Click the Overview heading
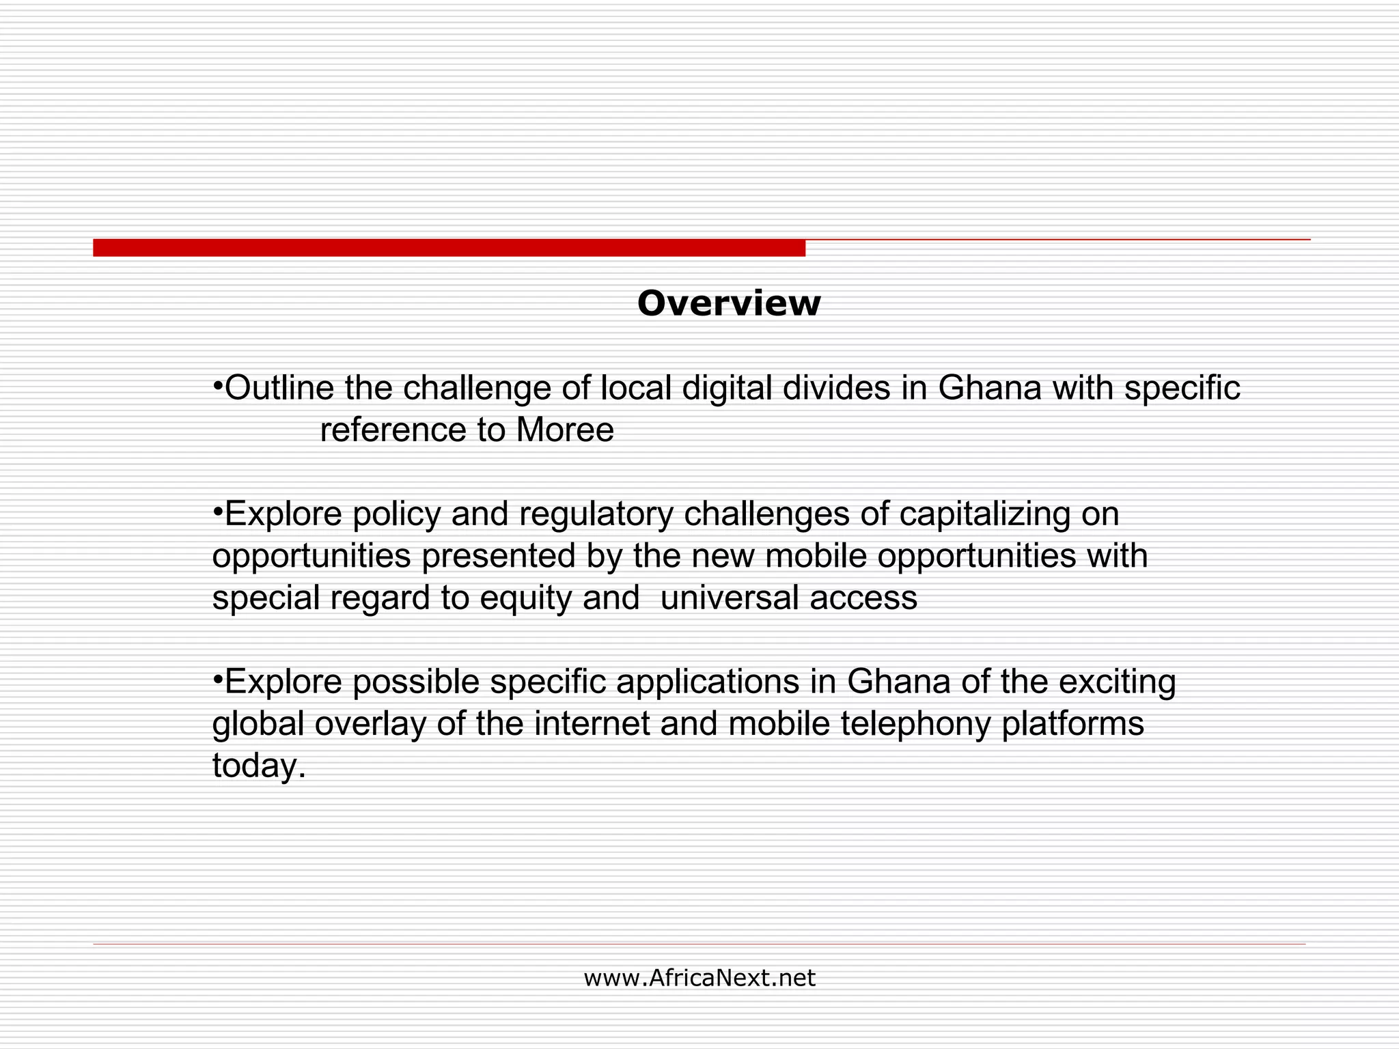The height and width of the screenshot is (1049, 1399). [x=728, y=303]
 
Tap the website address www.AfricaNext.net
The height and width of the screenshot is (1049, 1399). [x=699, y=978]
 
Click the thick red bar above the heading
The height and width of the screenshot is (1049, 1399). [x=449, y=248]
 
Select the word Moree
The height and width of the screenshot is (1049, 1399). [x=565, y=430]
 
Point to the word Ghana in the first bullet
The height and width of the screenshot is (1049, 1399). [x=989, y=388]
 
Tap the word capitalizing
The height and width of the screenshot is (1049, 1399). [x=984, y=514]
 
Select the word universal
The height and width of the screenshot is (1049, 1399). [x=729, y=598]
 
